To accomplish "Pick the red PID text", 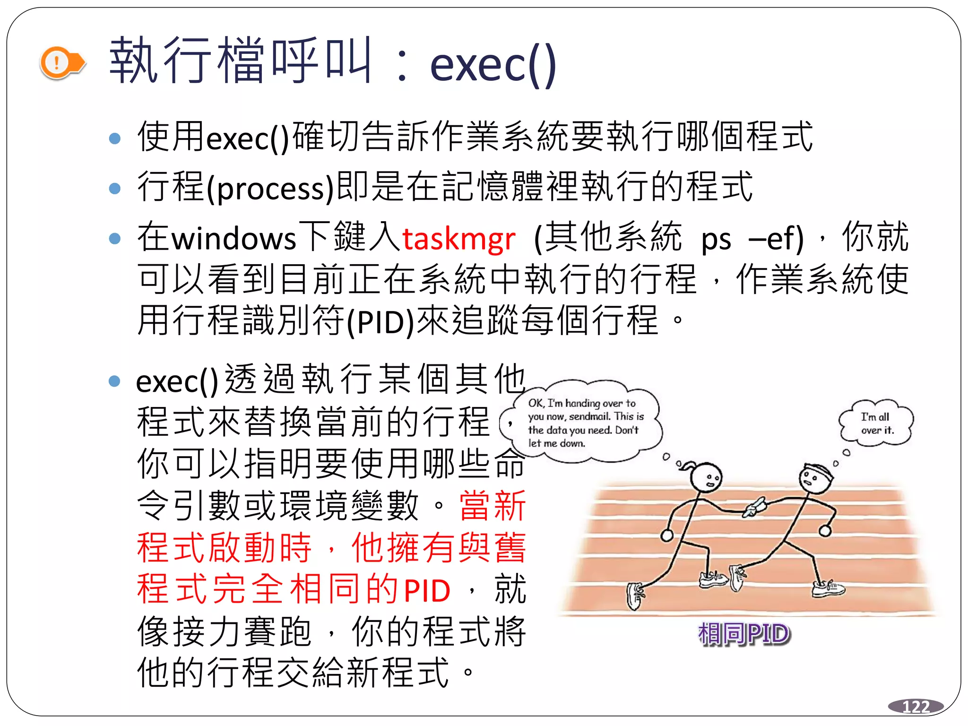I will tap(427, 591).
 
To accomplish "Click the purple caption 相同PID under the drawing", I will tap(743, 634).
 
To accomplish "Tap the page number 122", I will tap(916, 707).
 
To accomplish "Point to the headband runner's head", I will tap(815, 477).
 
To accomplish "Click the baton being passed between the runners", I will tap(755, 507).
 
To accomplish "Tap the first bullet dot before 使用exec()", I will tap(115, 138).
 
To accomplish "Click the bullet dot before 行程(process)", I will tap(115, 189).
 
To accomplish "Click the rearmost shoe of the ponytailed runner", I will tap(635, 596).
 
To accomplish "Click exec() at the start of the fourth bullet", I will tap(177, 382).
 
